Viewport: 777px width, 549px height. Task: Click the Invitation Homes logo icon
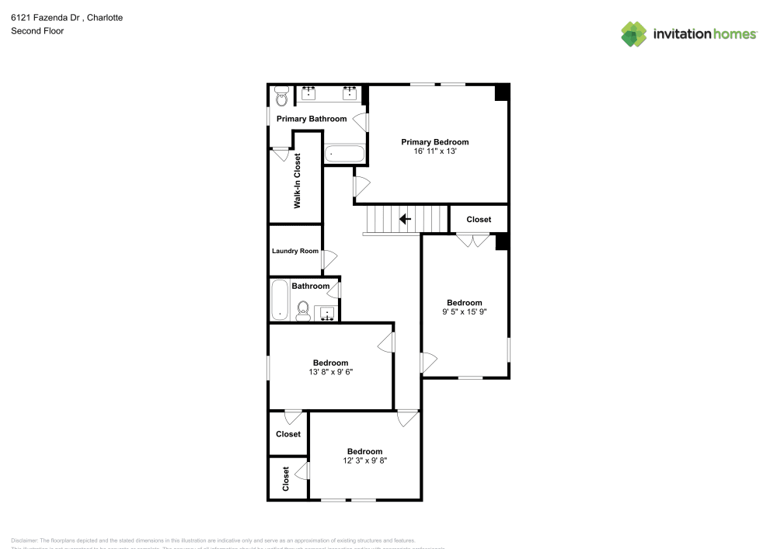633,33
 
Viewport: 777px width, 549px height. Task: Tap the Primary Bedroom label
434,142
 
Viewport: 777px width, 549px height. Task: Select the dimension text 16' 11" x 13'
434,152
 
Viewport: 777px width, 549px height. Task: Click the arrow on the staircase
405,219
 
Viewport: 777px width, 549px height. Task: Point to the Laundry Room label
295,251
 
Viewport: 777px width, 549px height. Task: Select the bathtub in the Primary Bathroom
343,154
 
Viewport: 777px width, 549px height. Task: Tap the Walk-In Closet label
297,181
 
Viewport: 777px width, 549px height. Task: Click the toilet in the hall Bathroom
303,310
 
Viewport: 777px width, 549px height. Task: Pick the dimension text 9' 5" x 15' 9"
465,312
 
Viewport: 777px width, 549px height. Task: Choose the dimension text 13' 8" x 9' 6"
330,372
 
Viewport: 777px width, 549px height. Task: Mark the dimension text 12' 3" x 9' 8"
364,460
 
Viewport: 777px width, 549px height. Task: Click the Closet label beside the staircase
479,220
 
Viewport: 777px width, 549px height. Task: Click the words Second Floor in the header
37,31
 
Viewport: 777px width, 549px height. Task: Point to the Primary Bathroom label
312,119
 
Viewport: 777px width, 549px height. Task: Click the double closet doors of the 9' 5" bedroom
469,241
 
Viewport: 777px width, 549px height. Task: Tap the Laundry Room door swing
329,259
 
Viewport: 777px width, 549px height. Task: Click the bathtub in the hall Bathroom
280,300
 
